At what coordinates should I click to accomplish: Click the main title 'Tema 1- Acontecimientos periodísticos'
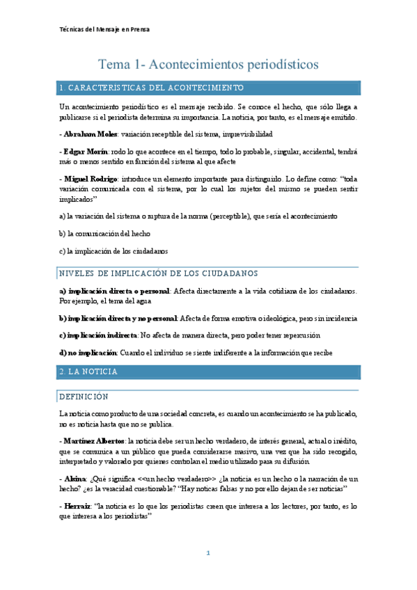(208, 64)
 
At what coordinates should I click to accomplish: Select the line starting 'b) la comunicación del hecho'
(104, 233)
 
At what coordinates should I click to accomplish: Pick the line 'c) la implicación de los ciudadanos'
(113, 250)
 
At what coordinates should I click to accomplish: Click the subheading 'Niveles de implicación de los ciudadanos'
(159, 273)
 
